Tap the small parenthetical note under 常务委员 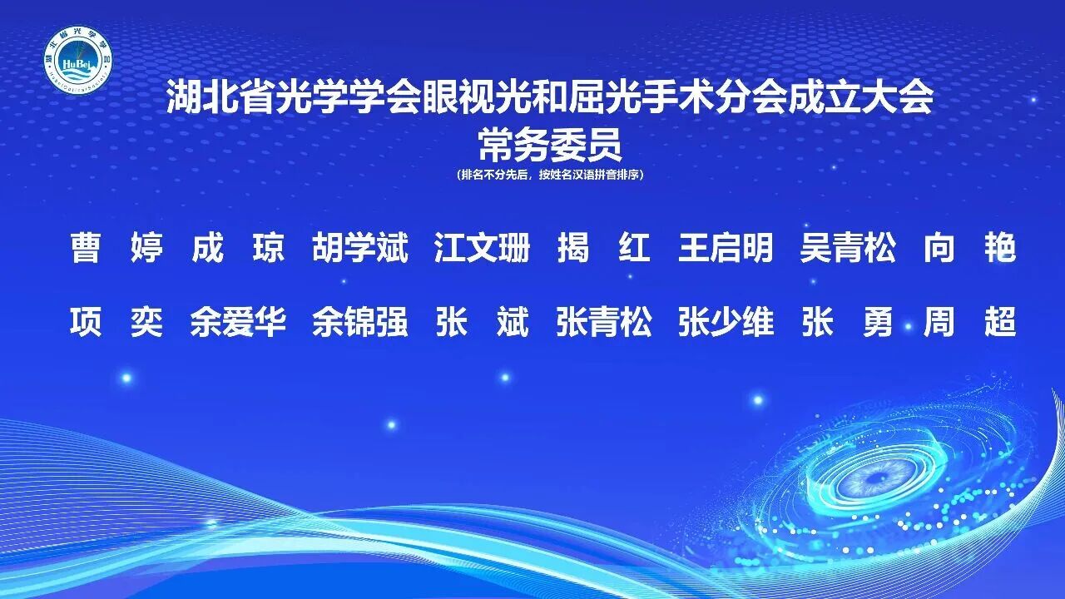549,176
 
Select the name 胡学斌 360,248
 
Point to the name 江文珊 483,248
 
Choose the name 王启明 726,248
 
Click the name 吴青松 848,248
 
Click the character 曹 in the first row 85,248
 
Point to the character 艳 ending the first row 1000,248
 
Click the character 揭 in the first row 573,248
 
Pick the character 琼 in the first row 269,248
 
